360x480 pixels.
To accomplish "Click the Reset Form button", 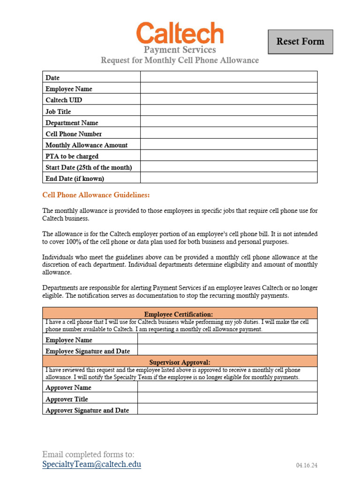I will (x=300, y=42).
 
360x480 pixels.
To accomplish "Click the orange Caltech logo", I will (x=180, y=33).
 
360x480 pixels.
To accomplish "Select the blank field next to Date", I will (x=229, y=77).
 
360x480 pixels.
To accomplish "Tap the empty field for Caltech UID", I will (x=229, y=100).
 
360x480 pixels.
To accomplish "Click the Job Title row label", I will (x=58, y=112).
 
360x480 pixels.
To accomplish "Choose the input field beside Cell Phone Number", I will (x=229, y=134).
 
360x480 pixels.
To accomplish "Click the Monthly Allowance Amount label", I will (x=86, y=145).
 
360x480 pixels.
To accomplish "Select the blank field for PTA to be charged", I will (x=229, y=156).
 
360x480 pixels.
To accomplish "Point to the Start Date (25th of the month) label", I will (x=89, y=167).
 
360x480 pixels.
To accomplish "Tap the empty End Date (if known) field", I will (x=229, y=178).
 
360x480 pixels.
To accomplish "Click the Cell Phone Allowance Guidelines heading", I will (x=96, y=195).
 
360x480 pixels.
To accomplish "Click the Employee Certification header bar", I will (x=180, y=314).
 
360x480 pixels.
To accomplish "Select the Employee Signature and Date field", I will (x=227, y=351).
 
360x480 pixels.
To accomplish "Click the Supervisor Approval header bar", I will (x=180, y=362).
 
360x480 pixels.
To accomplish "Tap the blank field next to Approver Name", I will (x=227, y=387).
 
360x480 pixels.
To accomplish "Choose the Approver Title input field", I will (x=227, y=398).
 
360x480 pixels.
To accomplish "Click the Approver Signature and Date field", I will (x=227, y=410).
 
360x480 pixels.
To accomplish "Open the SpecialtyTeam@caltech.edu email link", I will (x=91, y=465).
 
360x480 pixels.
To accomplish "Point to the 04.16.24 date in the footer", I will (x=307, y=465).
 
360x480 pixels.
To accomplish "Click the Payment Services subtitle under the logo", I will (x=180, y=50).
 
